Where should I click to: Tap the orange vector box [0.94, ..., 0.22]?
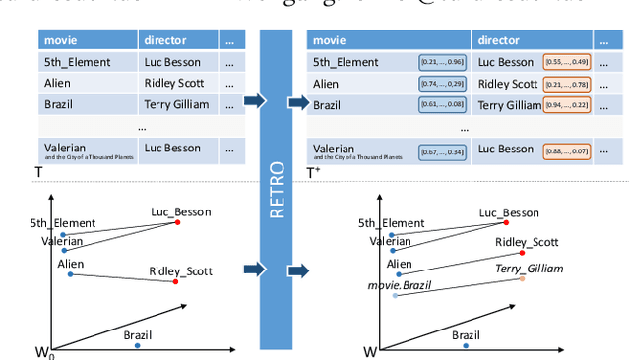[566, 105]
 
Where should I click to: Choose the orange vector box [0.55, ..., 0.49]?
[566, 62]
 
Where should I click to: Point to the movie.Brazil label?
[394, 284]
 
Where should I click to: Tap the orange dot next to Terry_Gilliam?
[523, 278]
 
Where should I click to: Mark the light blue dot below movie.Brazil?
[395, 295]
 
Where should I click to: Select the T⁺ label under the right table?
[313, 172]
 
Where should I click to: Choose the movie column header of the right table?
[333, 41]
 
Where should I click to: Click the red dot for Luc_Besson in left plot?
[177, 222]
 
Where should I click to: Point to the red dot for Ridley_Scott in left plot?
[176, 282]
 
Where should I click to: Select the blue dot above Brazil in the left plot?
[138, 346]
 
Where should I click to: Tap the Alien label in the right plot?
[399, 264]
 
